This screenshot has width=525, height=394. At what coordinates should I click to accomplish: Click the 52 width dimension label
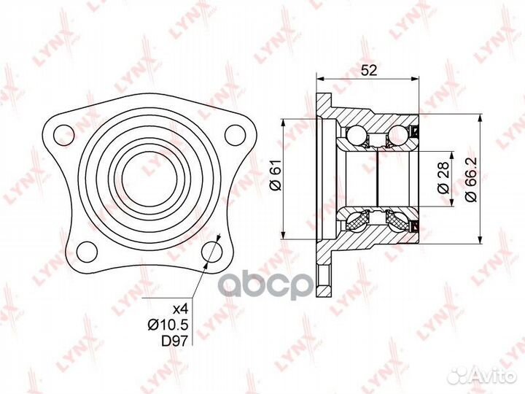coord(369,70)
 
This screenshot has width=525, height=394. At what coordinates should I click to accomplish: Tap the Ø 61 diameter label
coord(276,175)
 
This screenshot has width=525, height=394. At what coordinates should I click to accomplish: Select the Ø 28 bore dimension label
coord(443,178)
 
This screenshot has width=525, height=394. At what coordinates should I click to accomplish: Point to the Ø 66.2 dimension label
coord(472,179)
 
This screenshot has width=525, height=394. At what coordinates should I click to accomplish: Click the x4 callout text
coord(181,309)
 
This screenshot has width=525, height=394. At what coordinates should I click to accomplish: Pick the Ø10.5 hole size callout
coord(168,325)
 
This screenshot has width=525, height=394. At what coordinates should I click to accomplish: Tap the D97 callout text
coord(175,341)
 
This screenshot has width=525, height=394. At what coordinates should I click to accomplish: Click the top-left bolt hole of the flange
coord(63,135)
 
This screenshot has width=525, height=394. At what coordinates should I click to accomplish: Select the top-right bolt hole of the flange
coord(235,135)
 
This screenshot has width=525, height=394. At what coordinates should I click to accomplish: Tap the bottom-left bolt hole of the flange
coord(87,252)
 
